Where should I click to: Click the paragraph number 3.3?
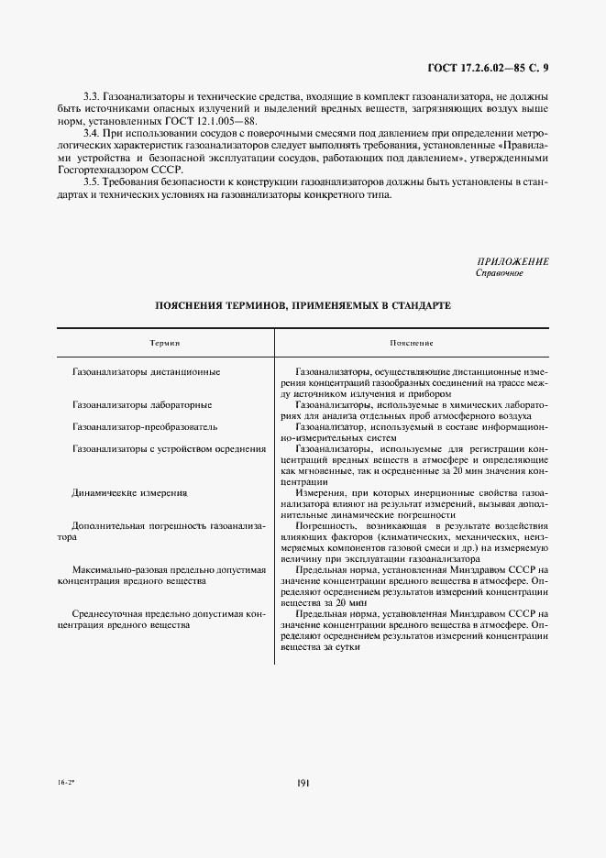click(x=92, y=96)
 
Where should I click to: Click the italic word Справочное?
click(x=499, y=273)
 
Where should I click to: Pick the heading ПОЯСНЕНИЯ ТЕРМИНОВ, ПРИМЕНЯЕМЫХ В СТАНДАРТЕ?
click(x=303, y=304)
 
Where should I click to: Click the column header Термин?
click(x=164, y=342)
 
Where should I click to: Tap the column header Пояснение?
click(x=411, y=342)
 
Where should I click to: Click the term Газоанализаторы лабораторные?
click(x=142, y=404)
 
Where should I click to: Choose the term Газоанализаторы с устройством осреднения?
click(x=169, y=448)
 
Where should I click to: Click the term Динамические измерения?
click(x=129, y=492)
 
